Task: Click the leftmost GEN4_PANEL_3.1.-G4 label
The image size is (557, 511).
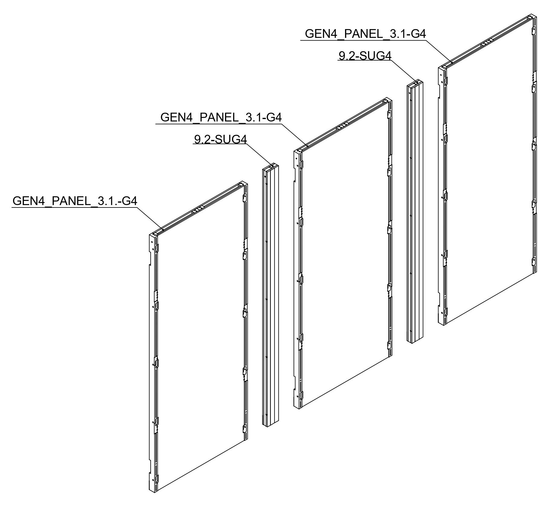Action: [x=75, y=201]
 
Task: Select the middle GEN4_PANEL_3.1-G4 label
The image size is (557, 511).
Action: [x=221, y=118]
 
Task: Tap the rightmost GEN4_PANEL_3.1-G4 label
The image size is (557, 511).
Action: [x=365, y=34]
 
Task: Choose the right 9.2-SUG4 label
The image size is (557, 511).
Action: [x=365, y=56]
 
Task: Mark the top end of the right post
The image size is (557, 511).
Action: [x=415, y=83]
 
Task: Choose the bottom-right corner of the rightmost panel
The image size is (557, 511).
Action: [x=537, y=272]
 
